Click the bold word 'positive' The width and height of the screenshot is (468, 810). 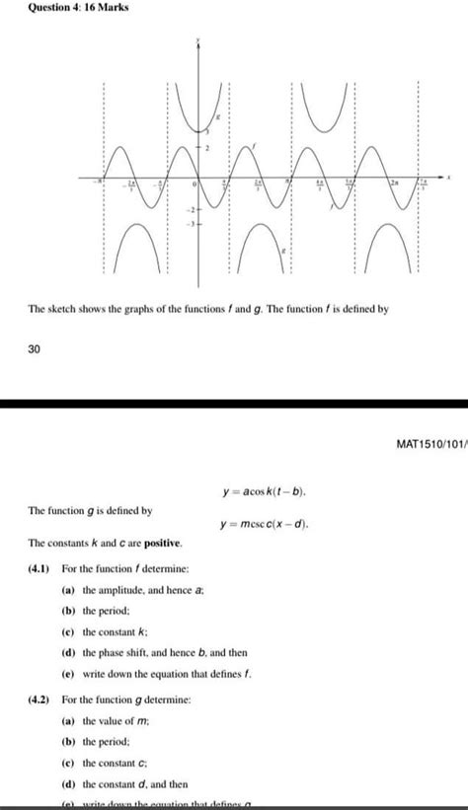(x=158, y=544)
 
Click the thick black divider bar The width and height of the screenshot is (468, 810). (x=234, y=404)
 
